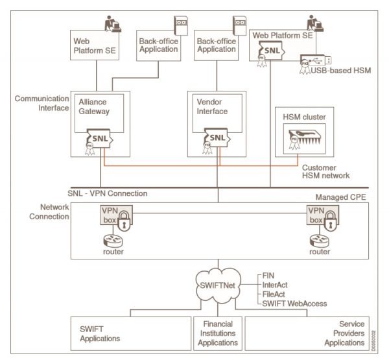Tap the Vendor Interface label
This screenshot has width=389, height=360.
tap(212, 107)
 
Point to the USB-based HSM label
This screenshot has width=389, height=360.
tap(336, 70)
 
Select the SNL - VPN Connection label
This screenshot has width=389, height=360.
tap(107, 193)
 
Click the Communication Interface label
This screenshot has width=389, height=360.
tap(43, 103)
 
